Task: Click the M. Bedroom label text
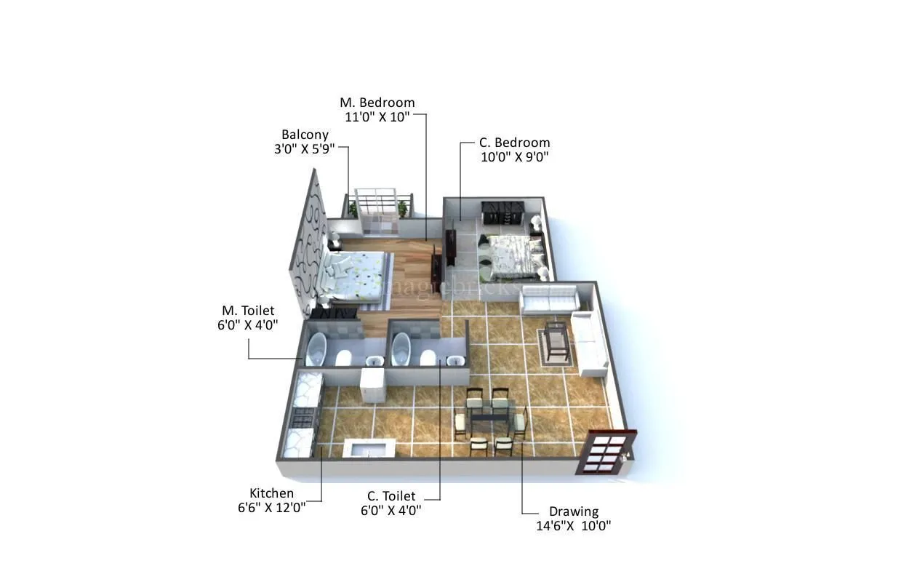(x=377, y=103)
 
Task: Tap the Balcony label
(x=305, y=135)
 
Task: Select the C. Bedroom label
(x=514, y=143)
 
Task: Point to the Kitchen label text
(x=271, y=493)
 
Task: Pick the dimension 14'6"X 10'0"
(x=573, y=525)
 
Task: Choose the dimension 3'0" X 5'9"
(x=305, y=148)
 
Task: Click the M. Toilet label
(x=248, y=311)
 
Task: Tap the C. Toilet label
(x=391, y=496)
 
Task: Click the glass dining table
(x=489, y=418)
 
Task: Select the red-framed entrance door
(x=604, y=453)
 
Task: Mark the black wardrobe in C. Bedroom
(x=502, y=212)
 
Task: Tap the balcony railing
(x=376, y=201)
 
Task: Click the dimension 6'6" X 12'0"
(x=271, y=507)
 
